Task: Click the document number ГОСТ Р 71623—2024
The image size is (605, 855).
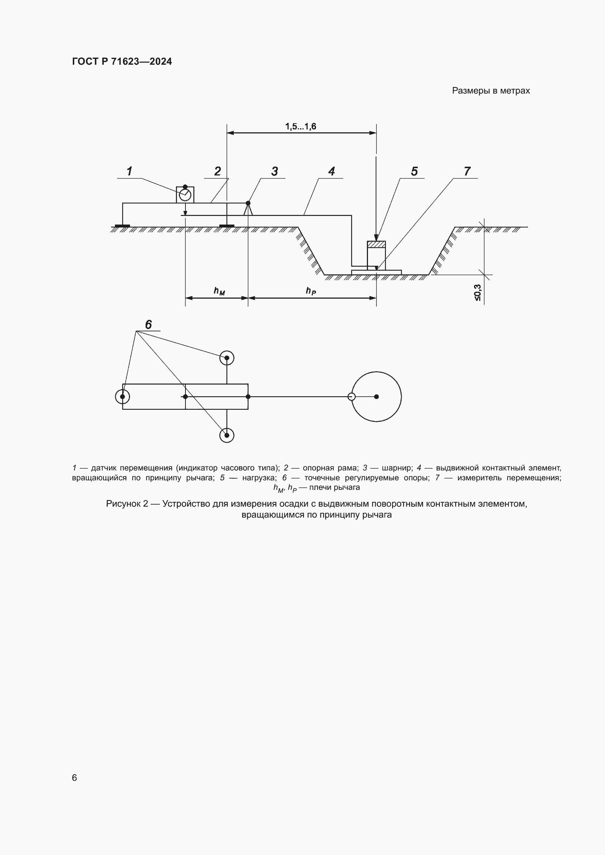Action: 122,61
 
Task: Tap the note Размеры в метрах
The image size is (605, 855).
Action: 491,91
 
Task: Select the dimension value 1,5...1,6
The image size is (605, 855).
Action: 301,126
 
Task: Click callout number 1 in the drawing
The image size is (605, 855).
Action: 129,171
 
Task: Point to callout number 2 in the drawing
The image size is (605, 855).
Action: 218,171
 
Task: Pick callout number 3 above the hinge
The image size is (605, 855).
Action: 275,171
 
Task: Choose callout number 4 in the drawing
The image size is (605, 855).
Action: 331,171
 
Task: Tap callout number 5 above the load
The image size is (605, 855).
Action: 414,171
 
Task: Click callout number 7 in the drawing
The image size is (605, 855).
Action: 467,171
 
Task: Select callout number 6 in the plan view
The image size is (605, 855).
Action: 148,325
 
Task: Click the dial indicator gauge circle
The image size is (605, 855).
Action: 185,195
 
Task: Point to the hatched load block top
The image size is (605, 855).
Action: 376,244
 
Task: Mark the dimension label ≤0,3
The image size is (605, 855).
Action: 477,293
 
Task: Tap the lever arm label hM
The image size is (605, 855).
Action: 219,291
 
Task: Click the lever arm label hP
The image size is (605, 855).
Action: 311,291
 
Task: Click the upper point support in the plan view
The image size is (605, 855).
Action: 227,358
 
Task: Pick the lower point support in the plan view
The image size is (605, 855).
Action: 227,435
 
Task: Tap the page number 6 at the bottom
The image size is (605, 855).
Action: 75,778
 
